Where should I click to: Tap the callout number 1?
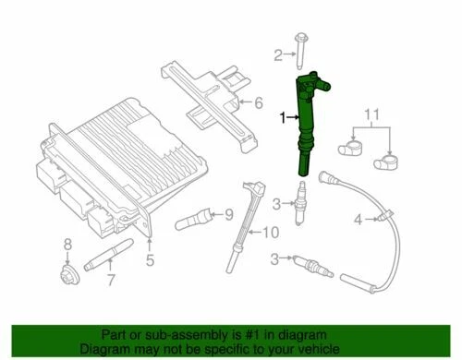click(x=283, y=116)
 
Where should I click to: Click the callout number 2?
click(x=276, y=57)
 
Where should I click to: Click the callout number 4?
click(x=357, y=220)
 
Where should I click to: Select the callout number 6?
click(x=259, y=102)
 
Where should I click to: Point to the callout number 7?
click(x=111, y=280)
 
